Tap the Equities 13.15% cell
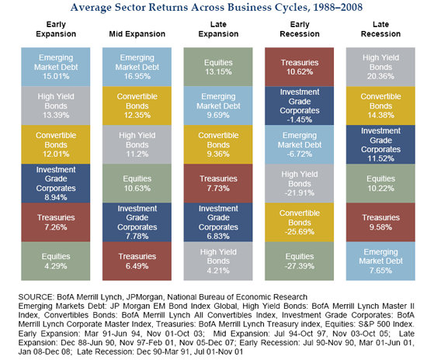[x=214, y=66]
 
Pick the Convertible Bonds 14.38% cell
[x=376, y=105]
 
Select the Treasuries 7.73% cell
[x=214, y=182]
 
